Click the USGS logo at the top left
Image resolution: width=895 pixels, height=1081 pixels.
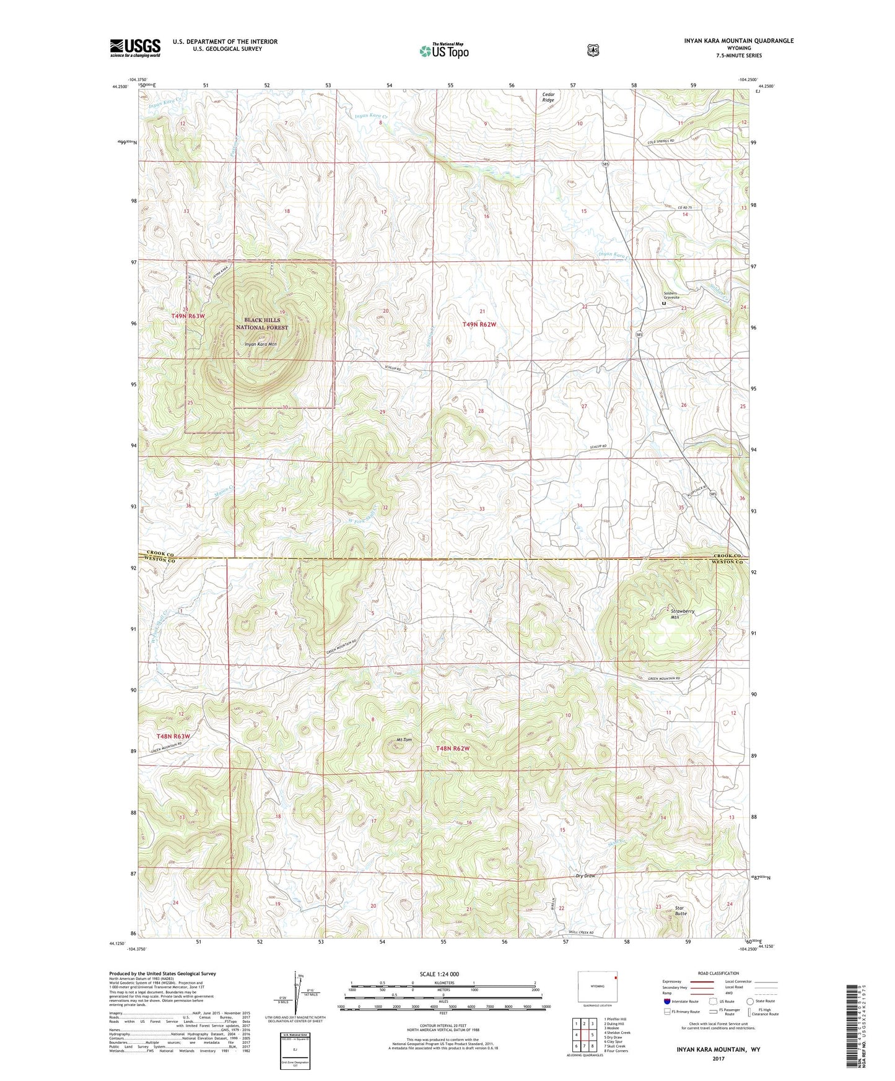coord(135,48)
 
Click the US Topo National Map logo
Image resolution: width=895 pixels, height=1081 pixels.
coord(443,50)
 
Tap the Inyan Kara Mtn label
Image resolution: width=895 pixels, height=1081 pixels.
coord(260,344)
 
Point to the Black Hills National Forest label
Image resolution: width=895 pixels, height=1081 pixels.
coord(262,324)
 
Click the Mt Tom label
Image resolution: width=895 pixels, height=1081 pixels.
coord(404,740)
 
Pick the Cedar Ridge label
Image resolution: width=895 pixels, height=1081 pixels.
coord(548,97)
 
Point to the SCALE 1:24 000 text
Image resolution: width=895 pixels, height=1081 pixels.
coord(439,974)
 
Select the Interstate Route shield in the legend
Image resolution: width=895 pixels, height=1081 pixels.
coord(666,1001)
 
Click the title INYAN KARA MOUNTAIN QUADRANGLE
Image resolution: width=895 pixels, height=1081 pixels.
coord(735,41)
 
